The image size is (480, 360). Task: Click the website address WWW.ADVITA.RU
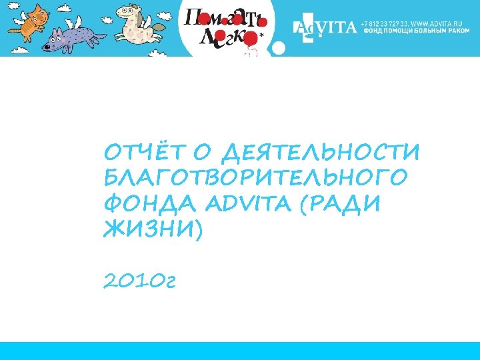pos(438,23)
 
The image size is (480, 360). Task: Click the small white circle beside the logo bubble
pos(280,49)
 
